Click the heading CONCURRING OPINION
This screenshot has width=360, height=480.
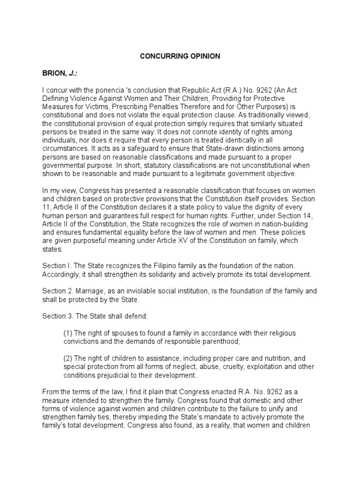coord(180,56)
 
